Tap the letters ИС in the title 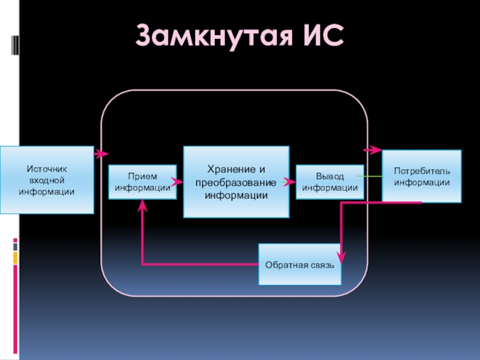(x=319, y=37)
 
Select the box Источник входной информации (x=47, y=180)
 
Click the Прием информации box (x=142, y=181)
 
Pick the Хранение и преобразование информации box (x=236, y=182)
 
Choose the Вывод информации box (x=329, y=181)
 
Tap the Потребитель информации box (x=422, y=176)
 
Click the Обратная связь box (x=299, y=264)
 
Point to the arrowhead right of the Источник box (x=101, y=154)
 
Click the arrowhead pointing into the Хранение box (x=178, y=181)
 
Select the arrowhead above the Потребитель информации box (x=374, y=149)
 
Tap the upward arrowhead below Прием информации (x=142, y=206)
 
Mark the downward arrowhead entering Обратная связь (x=341, y=257)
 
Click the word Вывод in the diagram (x=330, y=176)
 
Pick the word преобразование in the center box (x=236, y=182)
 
